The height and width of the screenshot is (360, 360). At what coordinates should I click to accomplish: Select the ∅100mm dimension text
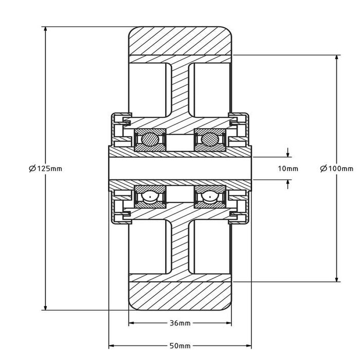[336, 168]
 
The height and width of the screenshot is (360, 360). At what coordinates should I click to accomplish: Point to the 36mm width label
[179, 323]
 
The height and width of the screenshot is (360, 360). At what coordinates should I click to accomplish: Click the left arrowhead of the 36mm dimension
[131, 323]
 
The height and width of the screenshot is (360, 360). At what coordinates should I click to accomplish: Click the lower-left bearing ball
[149, 196]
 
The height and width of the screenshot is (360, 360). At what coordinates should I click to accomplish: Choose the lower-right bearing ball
[210, 196]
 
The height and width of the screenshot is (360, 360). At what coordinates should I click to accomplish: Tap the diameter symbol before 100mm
[323, 168]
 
